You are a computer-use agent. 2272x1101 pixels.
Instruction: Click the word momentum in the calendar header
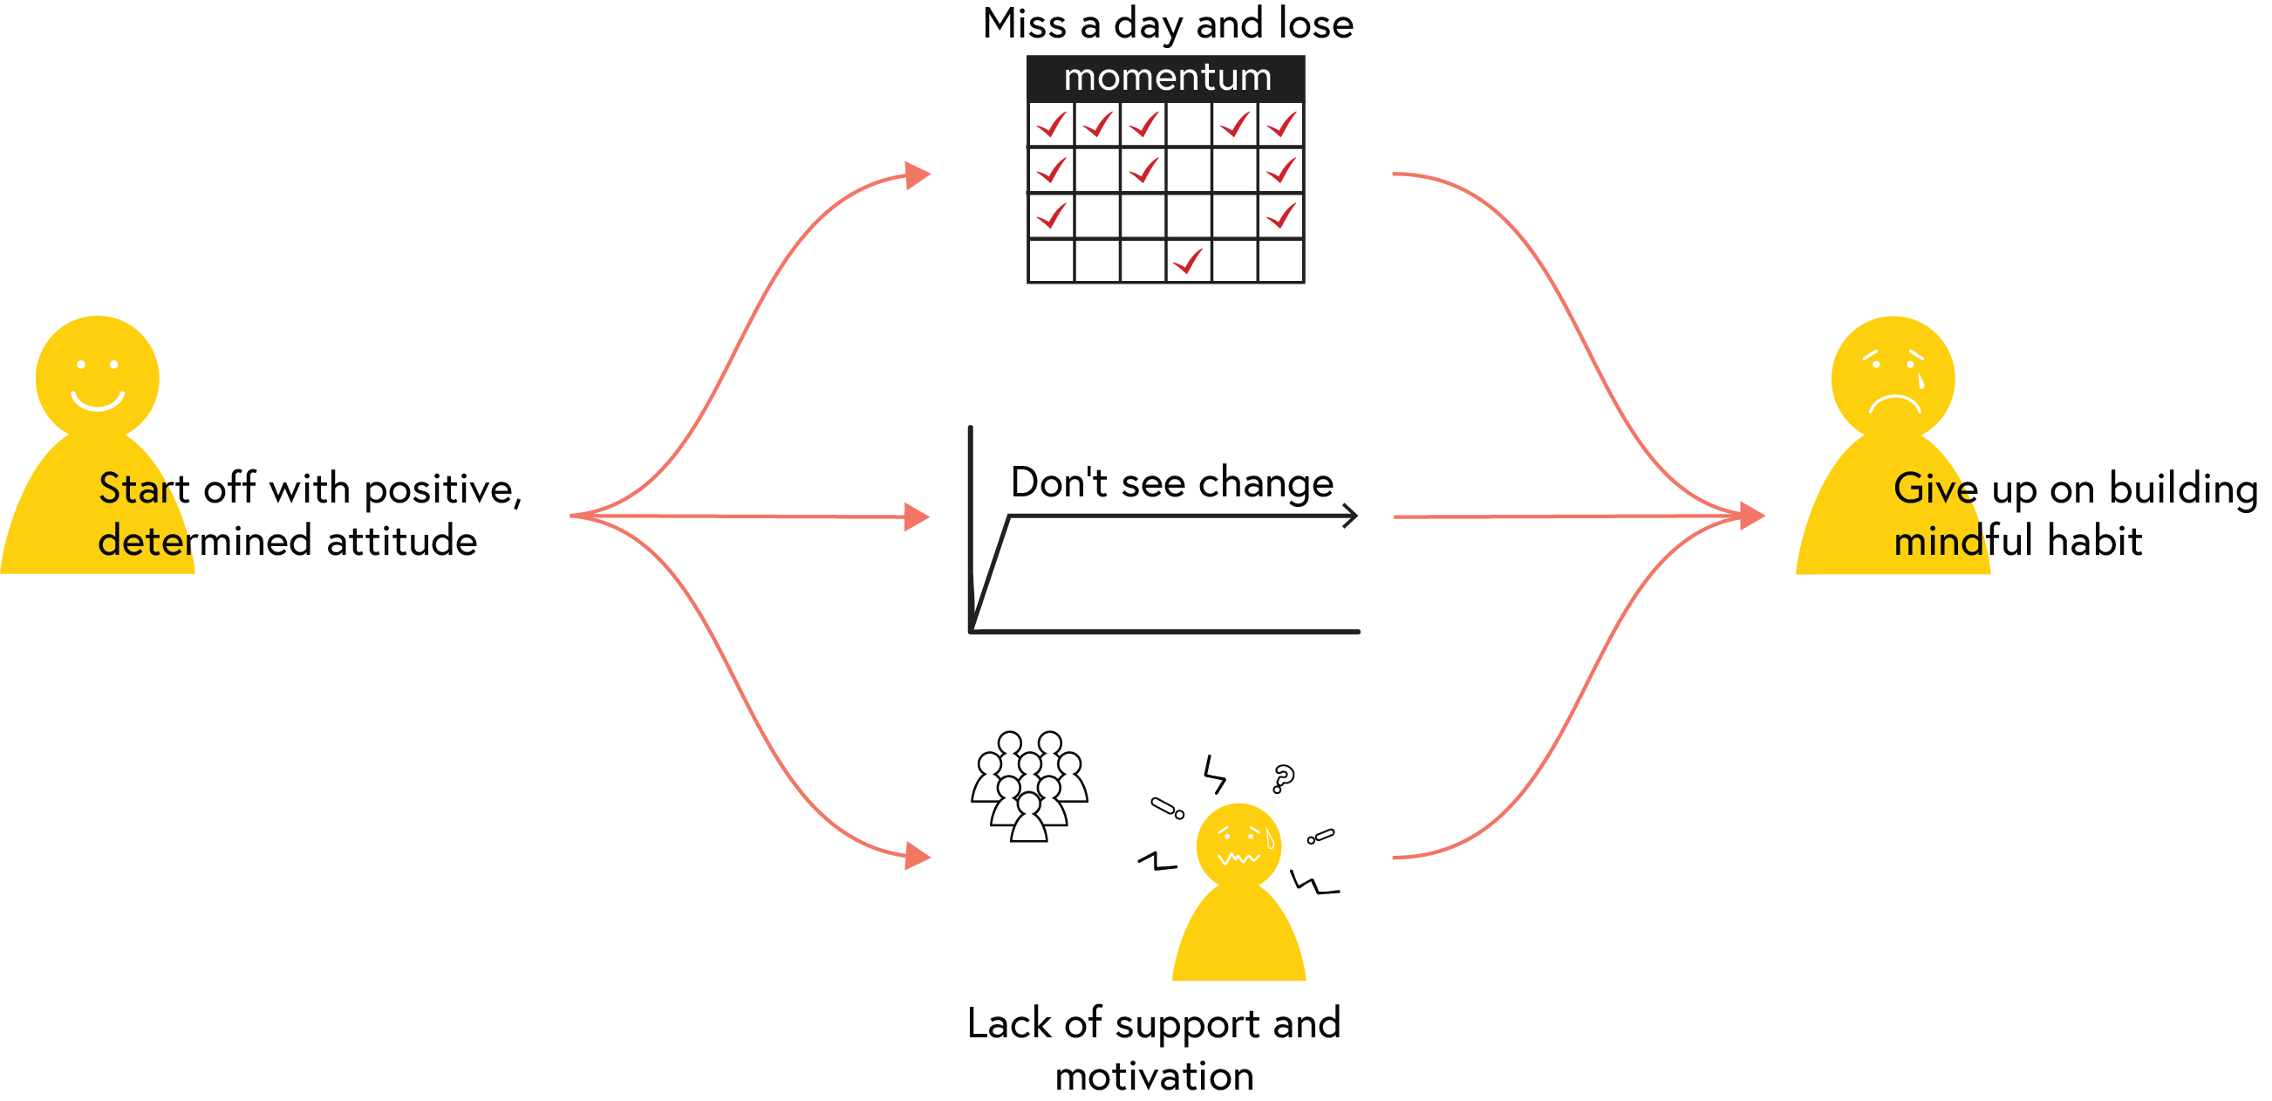point(1168,78)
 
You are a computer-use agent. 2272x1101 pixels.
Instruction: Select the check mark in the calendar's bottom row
point(1189,261)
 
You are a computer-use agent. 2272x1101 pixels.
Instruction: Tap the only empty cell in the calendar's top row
point(1189,125)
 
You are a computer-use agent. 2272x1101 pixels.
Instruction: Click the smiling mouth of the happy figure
point(97,400)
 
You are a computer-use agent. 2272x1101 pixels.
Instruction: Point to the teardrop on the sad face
point(1921,381)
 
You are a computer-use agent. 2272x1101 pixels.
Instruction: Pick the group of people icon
point(1029,786)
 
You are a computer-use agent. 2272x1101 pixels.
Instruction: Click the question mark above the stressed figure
point(1283,778)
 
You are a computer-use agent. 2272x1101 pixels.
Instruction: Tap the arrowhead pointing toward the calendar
point(918,174)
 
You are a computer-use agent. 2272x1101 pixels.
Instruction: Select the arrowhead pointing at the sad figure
point(1751,516)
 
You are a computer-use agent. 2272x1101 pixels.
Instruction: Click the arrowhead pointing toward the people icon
point(918,856)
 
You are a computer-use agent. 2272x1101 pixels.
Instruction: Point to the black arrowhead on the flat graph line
point(1350,516)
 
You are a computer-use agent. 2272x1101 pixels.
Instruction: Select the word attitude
point(401,541)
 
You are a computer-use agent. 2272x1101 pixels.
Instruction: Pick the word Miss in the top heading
point(1024,24)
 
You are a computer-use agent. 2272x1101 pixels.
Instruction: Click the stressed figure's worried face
point(1239,845)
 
